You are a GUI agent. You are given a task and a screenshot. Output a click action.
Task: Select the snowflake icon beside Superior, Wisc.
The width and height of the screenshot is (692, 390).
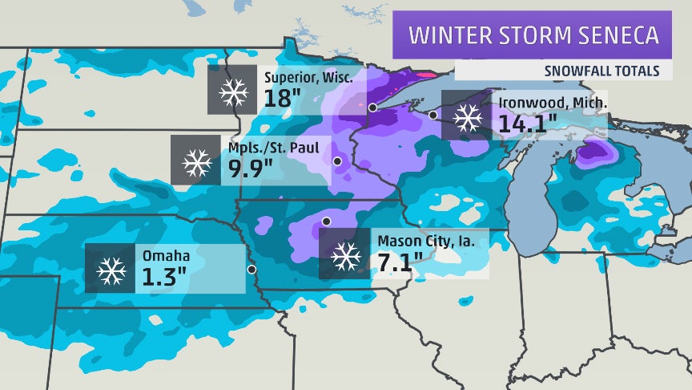click(x=234, y=93)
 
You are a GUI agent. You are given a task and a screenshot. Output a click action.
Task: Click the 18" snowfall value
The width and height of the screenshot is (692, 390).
click(x=282, y=99)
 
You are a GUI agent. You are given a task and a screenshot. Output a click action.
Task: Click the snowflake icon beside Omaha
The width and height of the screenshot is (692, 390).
click(x=111, y=269)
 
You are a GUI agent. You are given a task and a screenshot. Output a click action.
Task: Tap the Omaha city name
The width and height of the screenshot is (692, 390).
click(x=166, y=256)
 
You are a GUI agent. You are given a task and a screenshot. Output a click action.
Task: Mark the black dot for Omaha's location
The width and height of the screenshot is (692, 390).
click(x=251, y=270)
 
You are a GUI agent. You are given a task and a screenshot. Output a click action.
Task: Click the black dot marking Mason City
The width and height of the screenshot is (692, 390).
click(x=326, y=221)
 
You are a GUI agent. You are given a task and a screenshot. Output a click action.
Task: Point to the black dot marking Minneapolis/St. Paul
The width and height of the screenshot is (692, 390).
click(x=337, y=161)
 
